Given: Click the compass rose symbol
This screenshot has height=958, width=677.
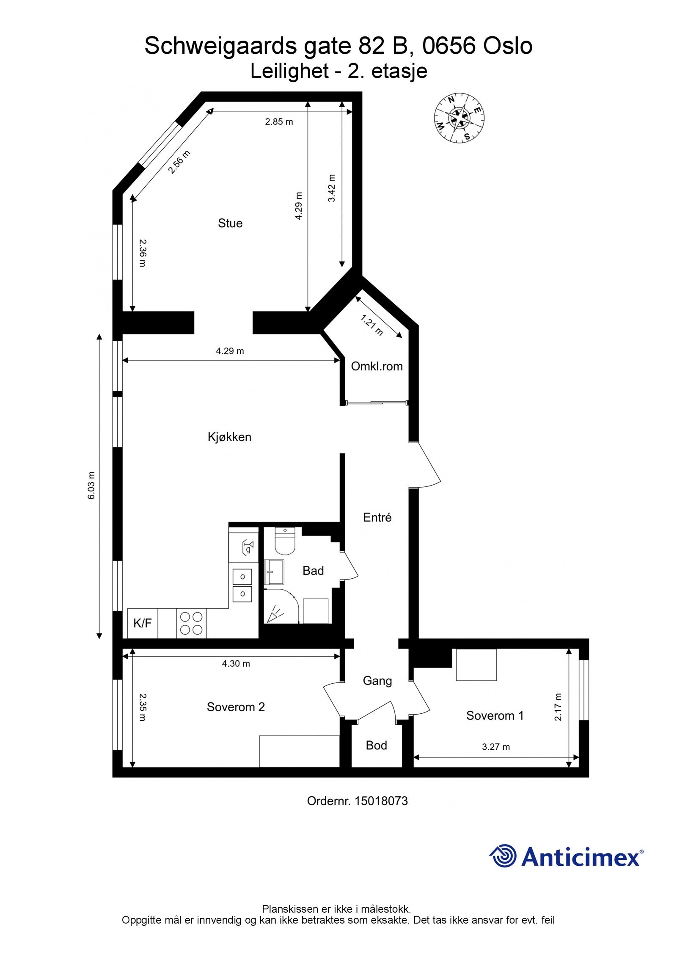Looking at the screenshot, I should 459,119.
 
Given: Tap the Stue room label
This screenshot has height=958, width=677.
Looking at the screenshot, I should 230,223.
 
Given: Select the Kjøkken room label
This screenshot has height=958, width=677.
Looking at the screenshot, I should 229,437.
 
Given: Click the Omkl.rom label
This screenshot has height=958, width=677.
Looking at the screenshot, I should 377,366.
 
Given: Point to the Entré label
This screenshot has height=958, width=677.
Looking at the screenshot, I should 377,517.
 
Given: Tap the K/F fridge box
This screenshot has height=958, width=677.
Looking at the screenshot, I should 143,623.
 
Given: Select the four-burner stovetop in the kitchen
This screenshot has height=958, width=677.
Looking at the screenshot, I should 191,623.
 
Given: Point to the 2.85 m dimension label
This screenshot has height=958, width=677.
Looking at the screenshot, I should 279,122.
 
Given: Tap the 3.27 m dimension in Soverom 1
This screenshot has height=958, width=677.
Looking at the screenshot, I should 496,747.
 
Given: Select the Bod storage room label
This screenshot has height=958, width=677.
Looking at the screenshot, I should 376,745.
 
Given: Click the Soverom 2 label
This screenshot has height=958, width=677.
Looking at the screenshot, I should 236,707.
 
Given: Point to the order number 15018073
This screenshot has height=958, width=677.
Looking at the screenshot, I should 381,801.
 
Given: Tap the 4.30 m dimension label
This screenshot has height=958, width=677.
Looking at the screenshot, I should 236,664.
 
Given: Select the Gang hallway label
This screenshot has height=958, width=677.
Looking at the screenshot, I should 377,681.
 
